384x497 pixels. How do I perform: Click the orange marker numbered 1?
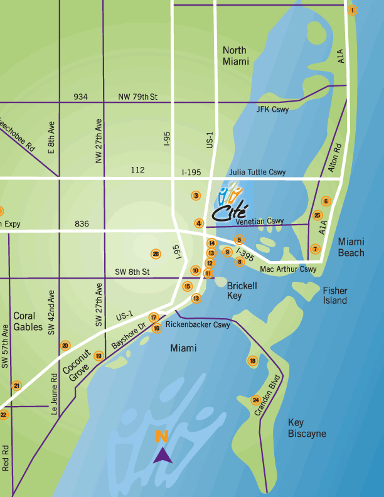click(352, 10)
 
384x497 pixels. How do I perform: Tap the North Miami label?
click(235, 56)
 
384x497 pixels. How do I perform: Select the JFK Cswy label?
click(272, 109)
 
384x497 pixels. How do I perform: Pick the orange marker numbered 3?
click(196, 196)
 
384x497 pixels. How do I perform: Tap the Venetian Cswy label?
click(260, 222)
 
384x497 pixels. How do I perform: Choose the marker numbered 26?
click(156, 254)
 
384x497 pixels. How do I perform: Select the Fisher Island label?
click(335, 296)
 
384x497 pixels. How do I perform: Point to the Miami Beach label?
click(351, 247)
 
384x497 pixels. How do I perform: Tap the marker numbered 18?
click(252, 361)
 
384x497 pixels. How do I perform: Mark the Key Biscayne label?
click(307, 428)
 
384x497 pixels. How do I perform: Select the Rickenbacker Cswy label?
click(198, 325)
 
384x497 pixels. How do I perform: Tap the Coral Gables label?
click(28, 321)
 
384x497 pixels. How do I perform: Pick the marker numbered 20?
click(65, 345)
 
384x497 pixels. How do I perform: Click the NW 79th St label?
click(137, 97)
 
